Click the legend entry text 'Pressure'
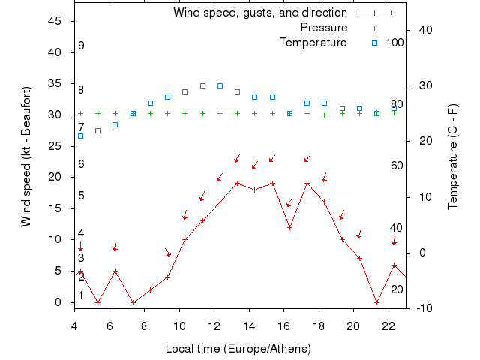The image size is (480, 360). tap(324, 28)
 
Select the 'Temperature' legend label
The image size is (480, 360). tap(313, 42)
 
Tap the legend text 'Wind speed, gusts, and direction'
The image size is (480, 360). tap(260, 13)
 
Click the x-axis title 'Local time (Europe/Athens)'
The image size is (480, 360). tap(238, 349)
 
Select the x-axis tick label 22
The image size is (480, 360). tap(388, 325)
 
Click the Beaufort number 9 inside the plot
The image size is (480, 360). tap(80, 46)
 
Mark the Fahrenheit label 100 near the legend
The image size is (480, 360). tap(394, 42)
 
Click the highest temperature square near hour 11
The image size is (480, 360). tap(202, 85)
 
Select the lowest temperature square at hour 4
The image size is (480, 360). tap(80, 136)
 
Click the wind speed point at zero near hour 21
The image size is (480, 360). tap(376, 302)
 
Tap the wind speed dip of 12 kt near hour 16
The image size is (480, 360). tap(289, 227)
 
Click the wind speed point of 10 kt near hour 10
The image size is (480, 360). tap(184, 239)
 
